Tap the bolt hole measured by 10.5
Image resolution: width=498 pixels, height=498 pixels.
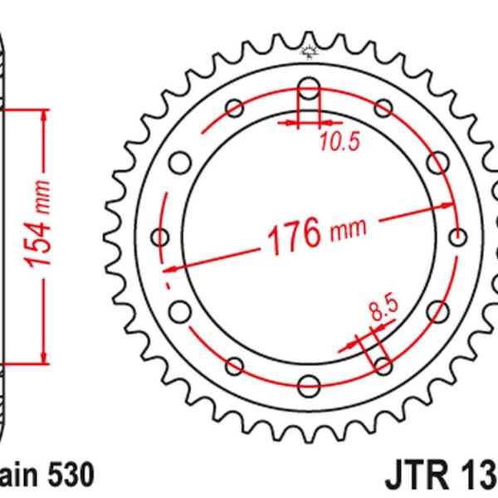[309, 90]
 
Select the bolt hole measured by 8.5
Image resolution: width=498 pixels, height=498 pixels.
[382, 365]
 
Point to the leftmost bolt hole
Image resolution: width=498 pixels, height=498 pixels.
[161, 237]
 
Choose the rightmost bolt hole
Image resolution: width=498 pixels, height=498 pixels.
[455, 237]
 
